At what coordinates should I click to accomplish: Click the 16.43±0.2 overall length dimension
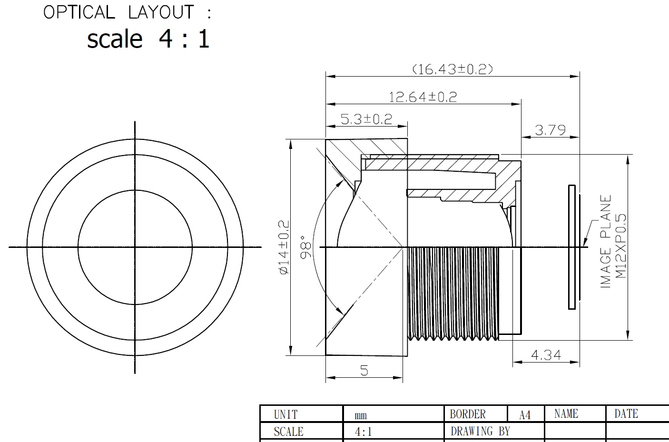(453, 69)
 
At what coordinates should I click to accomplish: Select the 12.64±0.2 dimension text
(423, 97)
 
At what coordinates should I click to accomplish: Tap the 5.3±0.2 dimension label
(366, 119)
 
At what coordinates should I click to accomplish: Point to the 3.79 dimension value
(550, 130)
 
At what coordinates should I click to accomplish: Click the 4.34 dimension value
(546, 355)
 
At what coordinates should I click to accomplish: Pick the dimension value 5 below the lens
(364, 371)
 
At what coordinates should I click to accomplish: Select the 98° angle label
(306, 247)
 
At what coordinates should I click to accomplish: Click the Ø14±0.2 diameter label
(284, 247)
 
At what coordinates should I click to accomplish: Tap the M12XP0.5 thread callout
(621, 246)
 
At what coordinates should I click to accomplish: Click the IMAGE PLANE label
(606, 241)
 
